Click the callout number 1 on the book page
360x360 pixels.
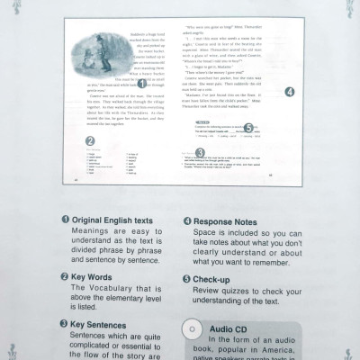pos(142,83)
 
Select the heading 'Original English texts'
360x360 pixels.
pos(113,220)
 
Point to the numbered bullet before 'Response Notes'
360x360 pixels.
pos(187,220)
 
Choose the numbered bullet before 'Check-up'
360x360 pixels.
pos(187,280)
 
